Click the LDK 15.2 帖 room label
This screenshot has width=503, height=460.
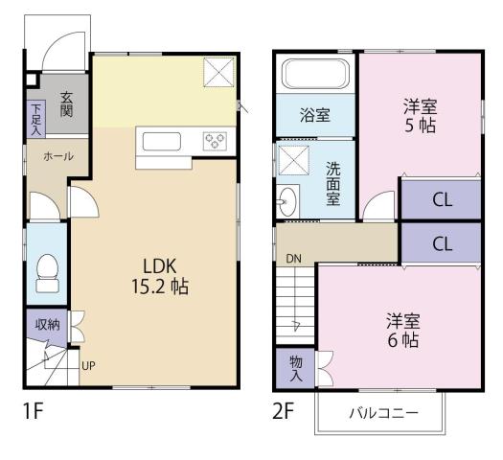[151, 273]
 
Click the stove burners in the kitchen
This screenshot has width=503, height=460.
[214, 143]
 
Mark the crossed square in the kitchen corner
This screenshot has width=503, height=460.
[222, 74]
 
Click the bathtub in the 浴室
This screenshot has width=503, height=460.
[316, 74]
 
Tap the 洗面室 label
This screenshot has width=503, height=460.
[332, 183]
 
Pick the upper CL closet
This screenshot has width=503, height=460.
[441, 200]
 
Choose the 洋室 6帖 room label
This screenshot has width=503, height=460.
[403, 329]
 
